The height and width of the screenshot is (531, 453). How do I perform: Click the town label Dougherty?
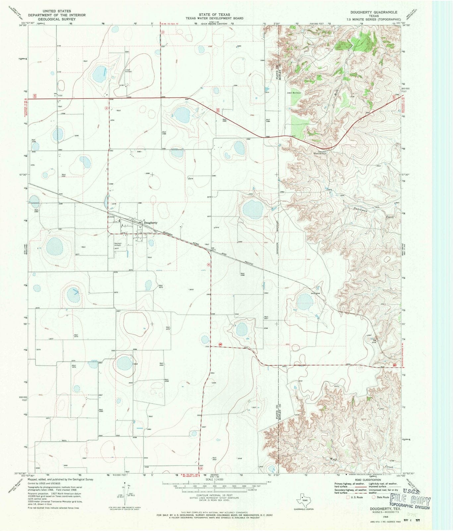point(150,223)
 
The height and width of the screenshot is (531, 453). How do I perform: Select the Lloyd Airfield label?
point(128,70)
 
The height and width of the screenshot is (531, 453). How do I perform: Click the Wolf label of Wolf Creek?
point(333,459)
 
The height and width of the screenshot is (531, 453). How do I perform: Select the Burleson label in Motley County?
point(296,93)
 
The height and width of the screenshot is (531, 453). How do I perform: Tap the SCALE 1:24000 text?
point(215,480)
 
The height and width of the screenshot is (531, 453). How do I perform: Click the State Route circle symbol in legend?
point(373,497)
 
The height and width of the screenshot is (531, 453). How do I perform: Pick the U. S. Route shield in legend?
point(348,497)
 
